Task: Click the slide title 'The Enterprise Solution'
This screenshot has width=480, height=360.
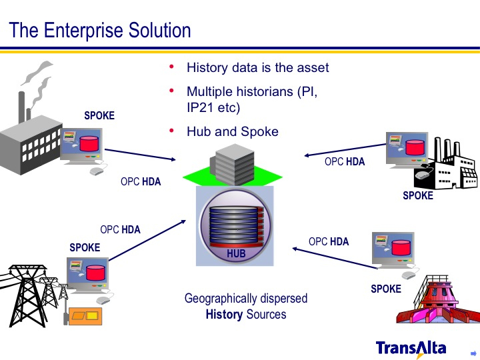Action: [100, 31]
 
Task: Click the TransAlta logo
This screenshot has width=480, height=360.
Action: [411, 347]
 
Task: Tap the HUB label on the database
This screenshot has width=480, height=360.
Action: [236, 254]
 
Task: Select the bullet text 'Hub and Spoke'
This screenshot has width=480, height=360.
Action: [232, 131]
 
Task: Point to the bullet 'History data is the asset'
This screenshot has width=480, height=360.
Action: [257, 68]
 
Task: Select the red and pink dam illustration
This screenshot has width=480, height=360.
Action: [437, 303]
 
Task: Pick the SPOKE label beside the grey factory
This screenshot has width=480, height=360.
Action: [99, 116]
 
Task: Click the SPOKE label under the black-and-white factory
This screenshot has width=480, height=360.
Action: [417, 196]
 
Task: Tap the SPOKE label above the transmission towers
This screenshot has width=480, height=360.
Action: [85, 248]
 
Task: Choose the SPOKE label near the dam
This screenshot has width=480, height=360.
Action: [386, 289]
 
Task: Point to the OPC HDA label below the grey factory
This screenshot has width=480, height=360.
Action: [141, 181]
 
